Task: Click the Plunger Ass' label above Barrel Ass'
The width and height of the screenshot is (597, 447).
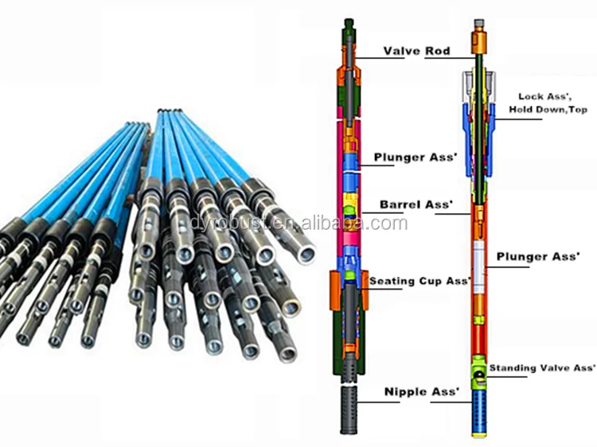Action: [x=416, y=157]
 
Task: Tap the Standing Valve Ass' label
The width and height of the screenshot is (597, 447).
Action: [x=542, y=368]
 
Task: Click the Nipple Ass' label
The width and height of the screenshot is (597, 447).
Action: [x=423, y=392]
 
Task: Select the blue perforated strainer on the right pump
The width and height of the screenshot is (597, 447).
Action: [x=478, y=406]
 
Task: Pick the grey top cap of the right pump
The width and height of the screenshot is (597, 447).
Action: [x=478, y=25]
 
